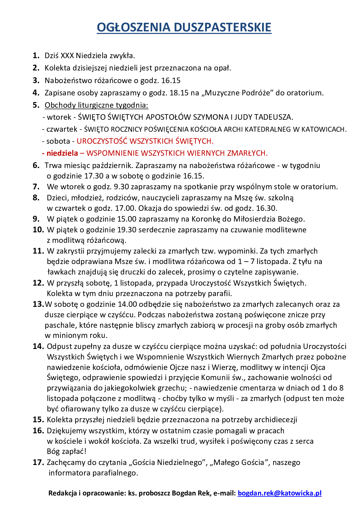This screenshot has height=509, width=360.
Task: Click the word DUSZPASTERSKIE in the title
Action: click(222, 27)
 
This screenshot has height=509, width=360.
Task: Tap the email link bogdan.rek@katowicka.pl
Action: click(279, 493)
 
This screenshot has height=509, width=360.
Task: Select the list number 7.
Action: click(36, 187)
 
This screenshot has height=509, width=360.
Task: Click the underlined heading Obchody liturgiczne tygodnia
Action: click(96, 105)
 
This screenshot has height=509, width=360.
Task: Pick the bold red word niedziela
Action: click(62, 153)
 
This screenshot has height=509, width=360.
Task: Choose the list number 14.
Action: click(38, 347)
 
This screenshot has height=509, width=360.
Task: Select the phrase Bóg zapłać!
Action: click(67, 451)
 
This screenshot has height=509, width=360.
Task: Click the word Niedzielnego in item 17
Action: click(179, 463)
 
